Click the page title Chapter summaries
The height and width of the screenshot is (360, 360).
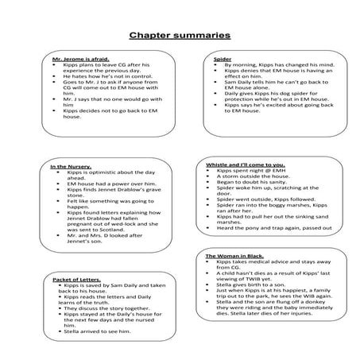[180, 36]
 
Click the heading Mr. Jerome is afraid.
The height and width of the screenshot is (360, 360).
[75, 59]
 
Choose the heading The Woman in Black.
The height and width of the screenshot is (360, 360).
[236, 257]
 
